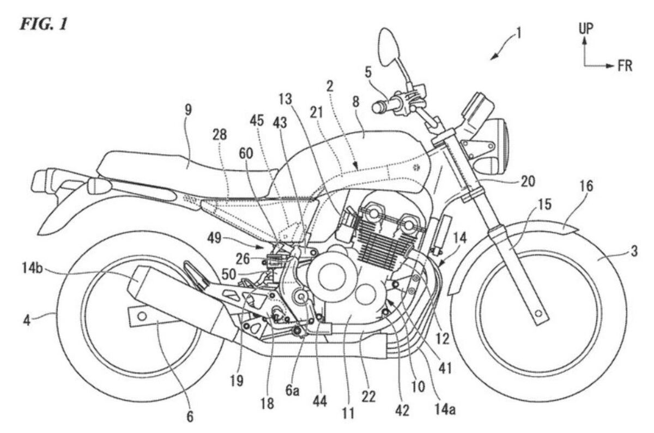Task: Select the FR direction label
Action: click(x=625, y=66)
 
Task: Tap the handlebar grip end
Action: click(x=376, y=108)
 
